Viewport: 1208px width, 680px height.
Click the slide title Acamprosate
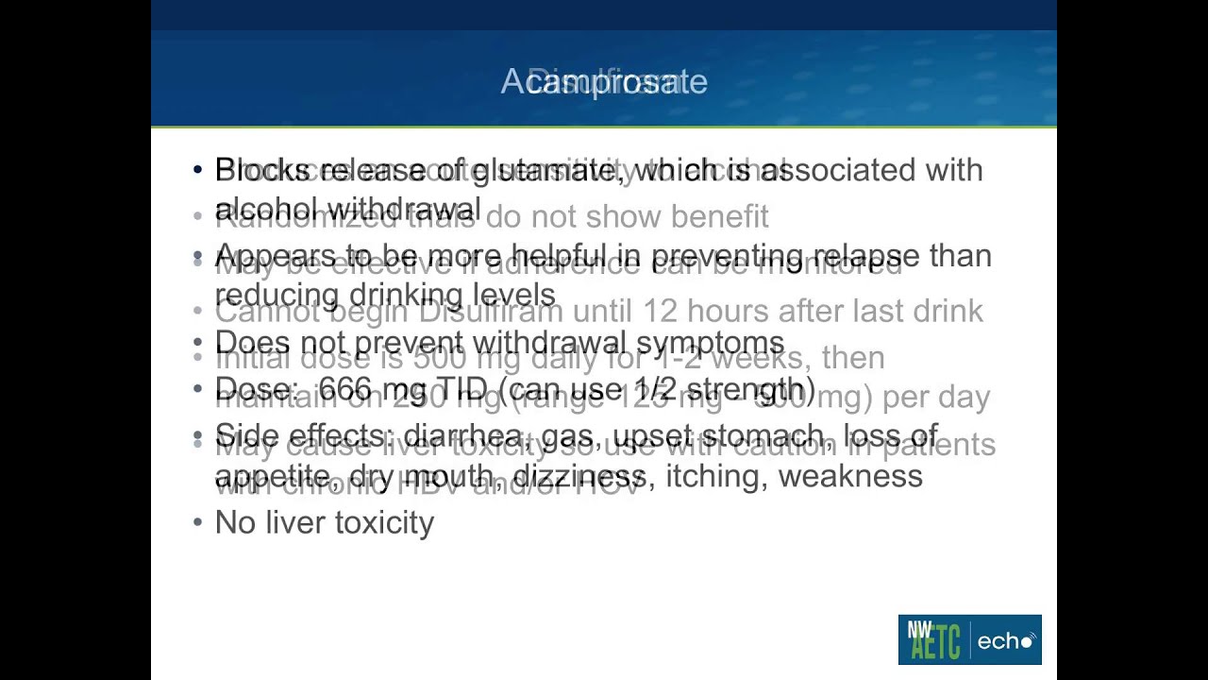604,82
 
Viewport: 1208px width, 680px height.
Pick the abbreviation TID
461,389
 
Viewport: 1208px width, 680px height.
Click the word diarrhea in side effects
461,436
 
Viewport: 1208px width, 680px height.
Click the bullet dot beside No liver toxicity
197,522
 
